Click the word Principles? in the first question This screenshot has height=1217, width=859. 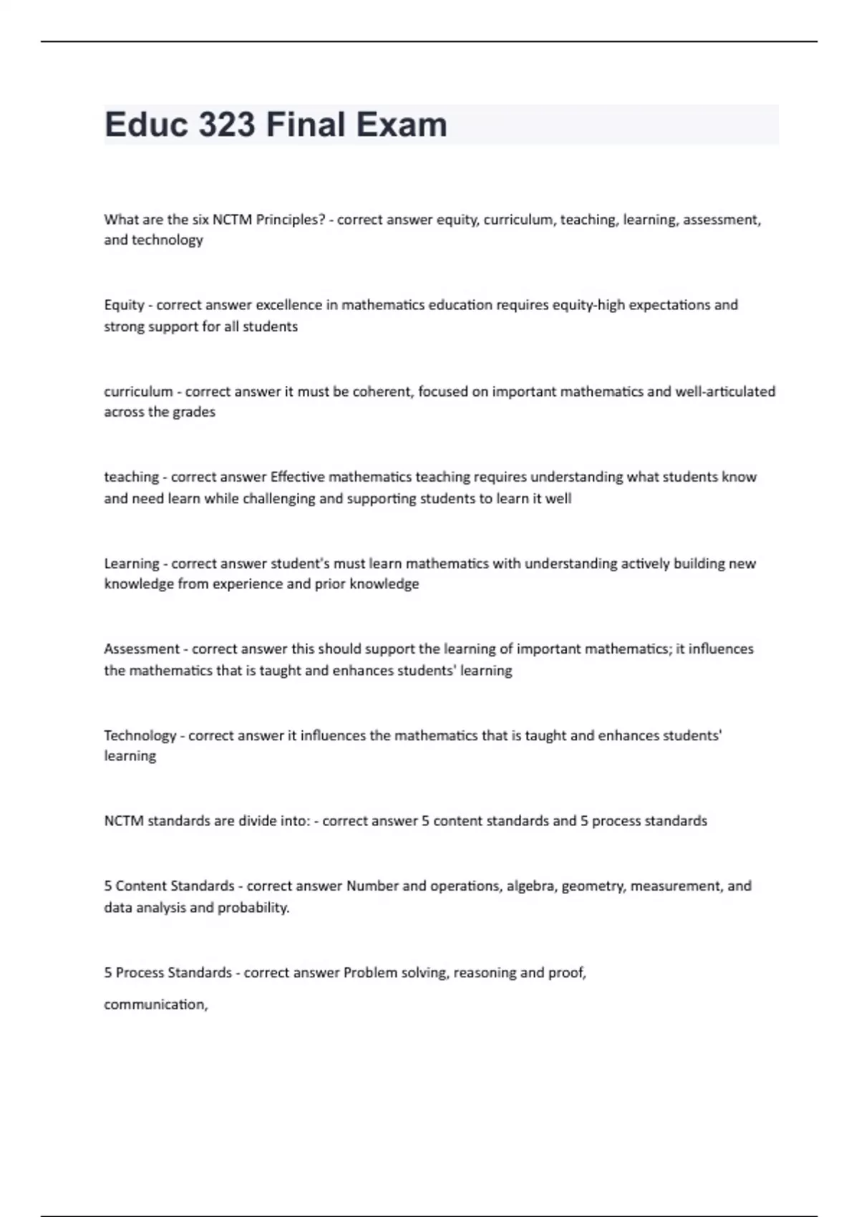click(x=291, y=220)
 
